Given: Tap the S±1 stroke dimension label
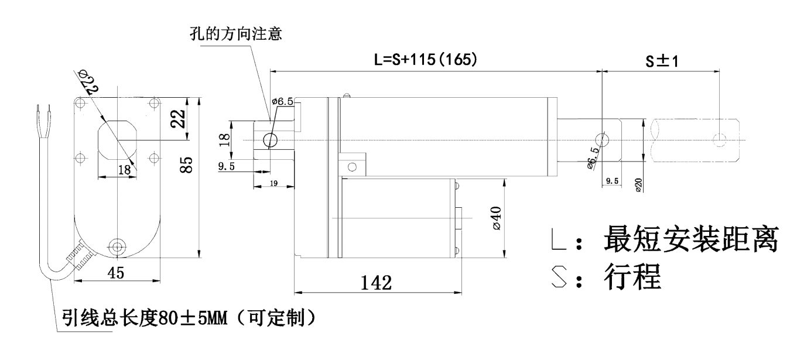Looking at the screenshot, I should point(662,61).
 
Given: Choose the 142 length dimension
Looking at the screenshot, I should point(375,283).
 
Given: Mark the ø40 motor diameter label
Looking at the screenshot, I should point(495,218).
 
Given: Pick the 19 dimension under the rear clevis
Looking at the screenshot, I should point(273,184).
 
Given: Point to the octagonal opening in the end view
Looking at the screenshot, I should point(117,139).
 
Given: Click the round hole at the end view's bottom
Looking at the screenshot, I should point(118,245).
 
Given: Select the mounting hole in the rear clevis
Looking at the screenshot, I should point(270,140).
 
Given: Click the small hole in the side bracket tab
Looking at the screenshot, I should point(351,166).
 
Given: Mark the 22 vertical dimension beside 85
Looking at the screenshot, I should point(182,119).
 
